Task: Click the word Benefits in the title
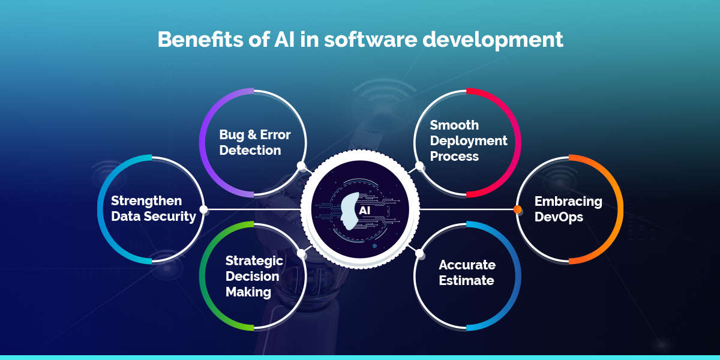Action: click(x=200, y=40)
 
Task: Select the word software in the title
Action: click(x=370, y=40)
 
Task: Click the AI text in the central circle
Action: click(x=365, y=211)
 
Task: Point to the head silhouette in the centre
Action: click(x=349, y=211)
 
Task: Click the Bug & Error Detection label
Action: click(x=255, y=142)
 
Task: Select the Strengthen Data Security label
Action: click(x=154, y=209)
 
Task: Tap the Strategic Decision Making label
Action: click(x=254, y=277)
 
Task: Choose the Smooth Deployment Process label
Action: click(x=469, y=140)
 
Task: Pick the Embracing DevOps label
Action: click(x=568, y=209)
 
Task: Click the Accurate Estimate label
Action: click(x=467, y=272)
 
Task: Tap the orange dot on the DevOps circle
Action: click(x=517, y=209)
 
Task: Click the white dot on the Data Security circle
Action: click(x=203, y=209)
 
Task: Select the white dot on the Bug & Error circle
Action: click(x=301, y=166)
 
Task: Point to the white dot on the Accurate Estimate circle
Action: click(x=419, y=253)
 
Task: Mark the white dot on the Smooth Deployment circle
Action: click(x=419, y=166)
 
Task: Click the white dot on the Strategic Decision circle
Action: click(x=301, y=253)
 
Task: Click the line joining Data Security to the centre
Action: click(x=254, y=209)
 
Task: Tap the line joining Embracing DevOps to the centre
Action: click(x=467, y=209)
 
